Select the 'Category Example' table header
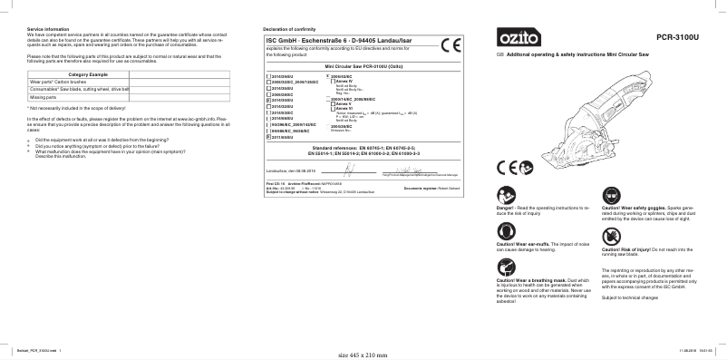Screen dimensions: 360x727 [88, 73]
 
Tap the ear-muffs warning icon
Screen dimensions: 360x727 [505, 233]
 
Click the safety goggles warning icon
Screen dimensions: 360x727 [609, 196]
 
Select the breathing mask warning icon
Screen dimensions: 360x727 [505, 268]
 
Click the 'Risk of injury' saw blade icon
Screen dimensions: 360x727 [609, 234]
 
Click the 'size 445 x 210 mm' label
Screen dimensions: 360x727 [363, 354]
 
